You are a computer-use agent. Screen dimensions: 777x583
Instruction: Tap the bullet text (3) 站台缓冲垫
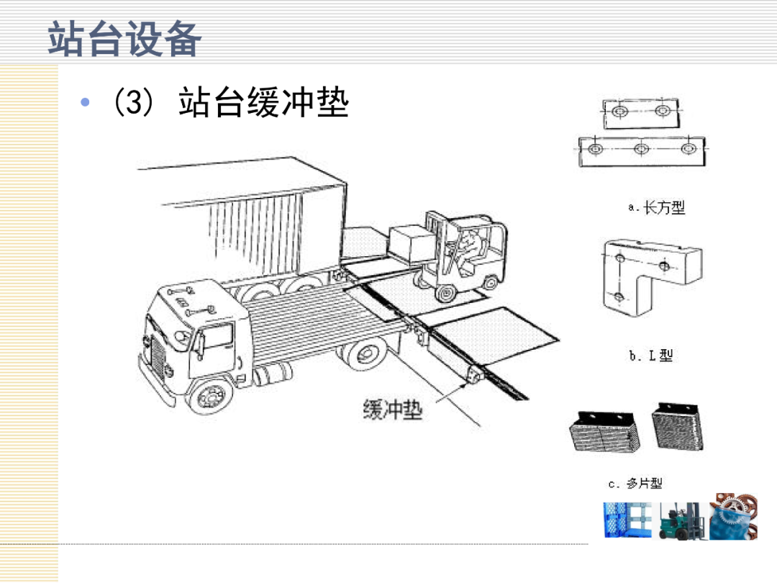(x=229, y=104)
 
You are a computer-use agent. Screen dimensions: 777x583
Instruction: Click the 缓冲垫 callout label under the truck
(x=392, y=410)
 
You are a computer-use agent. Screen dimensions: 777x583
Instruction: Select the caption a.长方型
(x=656, y=208)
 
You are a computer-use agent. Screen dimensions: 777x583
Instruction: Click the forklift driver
(x=466, y=249)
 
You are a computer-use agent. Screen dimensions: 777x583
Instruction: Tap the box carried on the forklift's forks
(x=412, y=243)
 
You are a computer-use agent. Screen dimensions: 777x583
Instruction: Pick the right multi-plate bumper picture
(x=676, y=430)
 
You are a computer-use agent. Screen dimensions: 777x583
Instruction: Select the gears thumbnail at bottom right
(x=732, y=517)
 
